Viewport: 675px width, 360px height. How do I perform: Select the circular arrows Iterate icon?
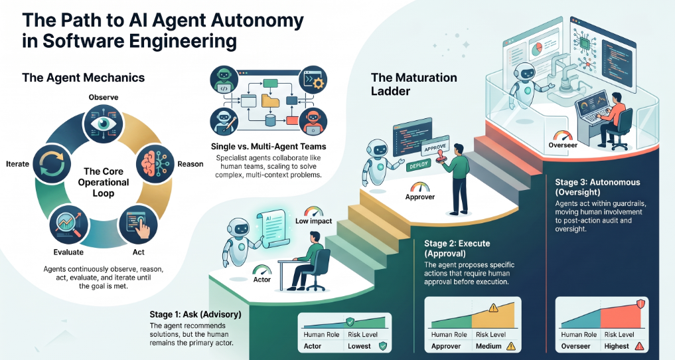pos(52,163)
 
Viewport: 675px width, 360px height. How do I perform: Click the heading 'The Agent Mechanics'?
pos(83,78)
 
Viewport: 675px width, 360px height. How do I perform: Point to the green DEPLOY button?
pos(419,165)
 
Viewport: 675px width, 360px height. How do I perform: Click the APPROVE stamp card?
pos(435,149)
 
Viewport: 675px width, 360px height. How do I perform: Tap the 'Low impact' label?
pos(313,221)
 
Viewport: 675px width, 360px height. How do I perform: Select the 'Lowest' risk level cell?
pos(367,346)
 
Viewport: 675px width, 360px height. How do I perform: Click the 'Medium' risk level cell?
pos(496,346)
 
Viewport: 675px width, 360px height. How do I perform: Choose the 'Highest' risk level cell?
pos(624,346)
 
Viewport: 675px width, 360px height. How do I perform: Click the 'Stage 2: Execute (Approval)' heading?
pos(457,248)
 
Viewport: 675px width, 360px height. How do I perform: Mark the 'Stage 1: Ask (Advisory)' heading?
pos(195,314)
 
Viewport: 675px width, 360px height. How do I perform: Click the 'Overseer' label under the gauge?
pos(563,145)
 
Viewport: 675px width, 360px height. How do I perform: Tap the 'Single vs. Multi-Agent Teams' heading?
pos(268,146)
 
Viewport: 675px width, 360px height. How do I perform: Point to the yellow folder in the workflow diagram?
pos(270,101)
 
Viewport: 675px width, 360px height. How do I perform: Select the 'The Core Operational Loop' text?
pos(104,182)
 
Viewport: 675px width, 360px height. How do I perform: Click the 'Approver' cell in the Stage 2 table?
pos(446,346)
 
